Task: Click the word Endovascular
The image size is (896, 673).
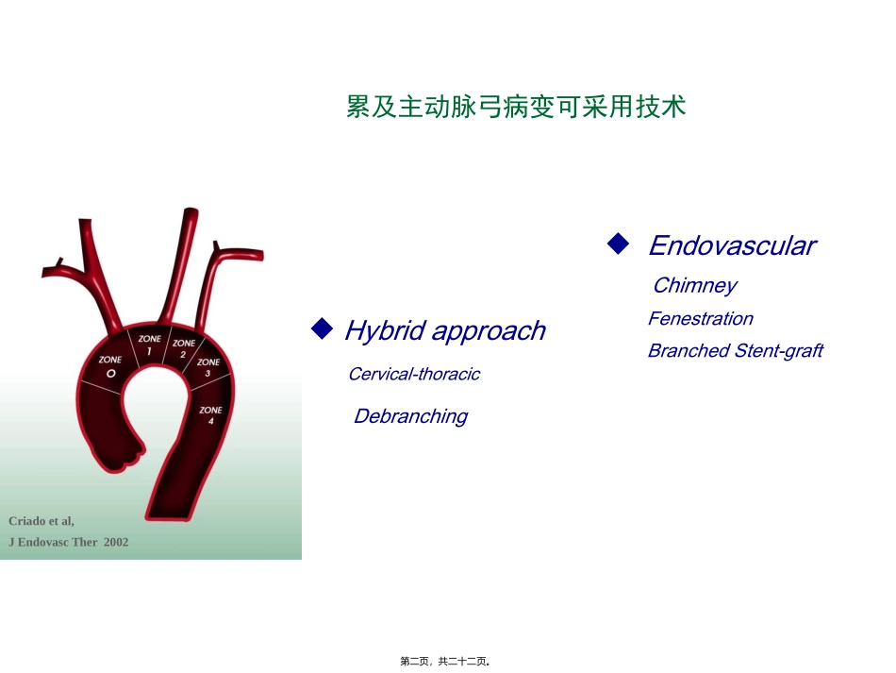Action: [731, 246]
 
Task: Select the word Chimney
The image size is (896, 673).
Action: [694, 286]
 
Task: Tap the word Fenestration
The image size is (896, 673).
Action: [700, 319]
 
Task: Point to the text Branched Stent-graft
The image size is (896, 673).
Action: [735, 351]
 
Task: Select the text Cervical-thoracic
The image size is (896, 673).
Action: [413, 375]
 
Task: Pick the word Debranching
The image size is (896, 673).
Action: [410, 416]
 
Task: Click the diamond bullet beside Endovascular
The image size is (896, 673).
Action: [618, 244]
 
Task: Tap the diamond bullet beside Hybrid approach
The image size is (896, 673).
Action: [322, 328]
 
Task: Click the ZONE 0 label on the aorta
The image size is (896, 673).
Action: [110, 367]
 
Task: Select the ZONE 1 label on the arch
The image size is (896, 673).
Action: [149, 345]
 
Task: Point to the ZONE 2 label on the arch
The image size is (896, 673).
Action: [184, 348]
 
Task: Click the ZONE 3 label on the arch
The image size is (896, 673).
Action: [208, 367]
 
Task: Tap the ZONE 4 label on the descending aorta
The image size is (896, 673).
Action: [211, 415]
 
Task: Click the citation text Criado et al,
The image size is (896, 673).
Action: [41, 521]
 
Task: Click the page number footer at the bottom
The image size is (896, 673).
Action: [446, 662]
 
